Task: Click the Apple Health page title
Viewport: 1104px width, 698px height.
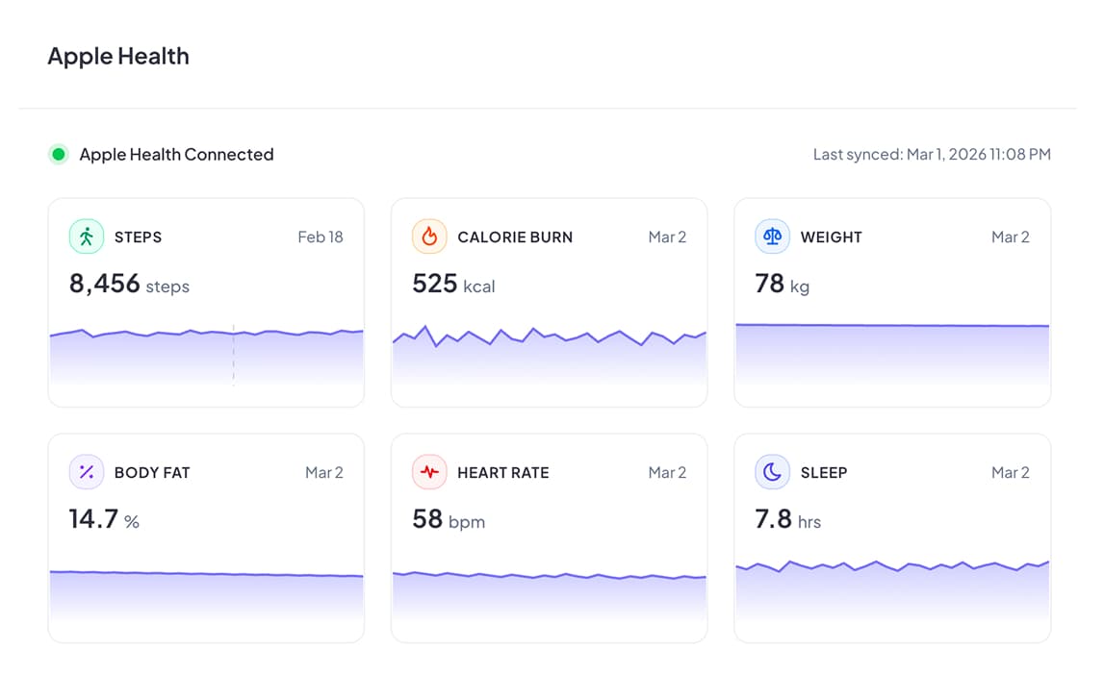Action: [118, 57]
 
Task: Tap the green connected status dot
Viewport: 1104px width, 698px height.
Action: [59, 154]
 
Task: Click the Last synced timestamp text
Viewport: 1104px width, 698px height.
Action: [931, 154]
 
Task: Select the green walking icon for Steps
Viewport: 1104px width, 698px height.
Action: [87, 237]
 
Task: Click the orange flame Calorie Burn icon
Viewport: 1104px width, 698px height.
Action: [429, 237]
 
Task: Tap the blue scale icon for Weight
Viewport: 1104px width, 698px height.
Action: [772, 237]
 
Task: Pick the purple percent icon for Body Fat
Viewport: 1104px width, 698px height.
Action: [87, 472]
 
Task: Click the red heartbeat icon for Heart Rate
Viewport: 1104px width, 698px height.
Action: [429, 472]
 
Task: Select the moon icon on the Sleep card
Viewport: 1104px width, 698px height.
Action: [772, 472]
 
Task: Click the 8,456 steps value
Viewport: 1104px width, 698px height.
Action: [129, 284]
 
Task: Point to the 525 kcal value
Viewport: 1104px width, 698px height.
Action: [453, 284]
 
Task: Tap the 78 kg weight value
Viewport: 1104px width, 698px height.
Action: [782, 284]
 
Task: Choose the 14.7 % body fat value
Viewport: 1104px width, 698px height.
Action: [104, 520]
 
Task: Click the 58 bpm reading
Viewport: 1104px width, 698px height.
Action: [449, 520]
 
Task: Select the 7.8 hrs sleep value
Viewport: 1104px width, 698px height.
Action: [787, 520]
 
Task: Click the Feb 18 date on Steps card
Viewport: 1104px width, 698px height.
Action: [320, 237]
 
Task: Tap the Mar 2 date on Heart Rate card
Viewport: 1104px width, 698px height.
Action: [667, 472]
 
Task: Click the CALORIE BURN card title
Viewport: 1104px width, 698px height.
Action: [515, 237]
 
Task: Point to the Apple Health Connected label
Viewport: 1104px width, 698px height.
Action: [176, 154]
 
